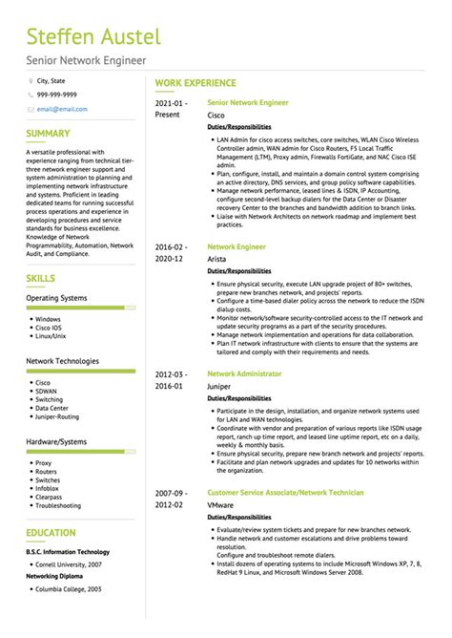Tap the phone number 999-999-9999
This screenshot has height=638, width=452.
(57, 96)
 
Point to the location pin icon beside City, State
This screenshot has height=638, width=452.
(30, 82)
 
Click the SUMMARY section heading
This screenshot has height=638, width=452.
(48, 134)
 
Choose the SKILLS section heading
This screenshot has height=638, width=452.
(41, 278)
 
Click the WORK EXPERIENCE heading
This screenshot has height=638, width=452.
(195, 85)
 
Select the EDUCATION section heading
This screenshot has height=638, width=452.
(51, 533)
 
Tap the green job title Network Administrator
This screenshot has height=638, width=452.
(244, 373)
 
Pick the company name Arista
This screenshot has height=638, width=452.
(216, 258)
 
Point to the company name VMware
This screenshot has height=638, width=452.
(220, 504)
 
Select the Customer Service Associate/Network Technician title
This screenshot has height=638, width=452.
(285, 492)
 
